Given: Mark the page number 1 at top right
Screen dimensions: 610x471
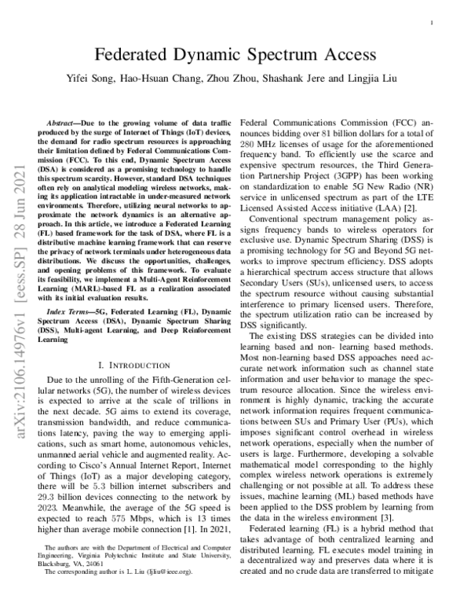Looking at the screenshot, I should pos(433,24).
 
